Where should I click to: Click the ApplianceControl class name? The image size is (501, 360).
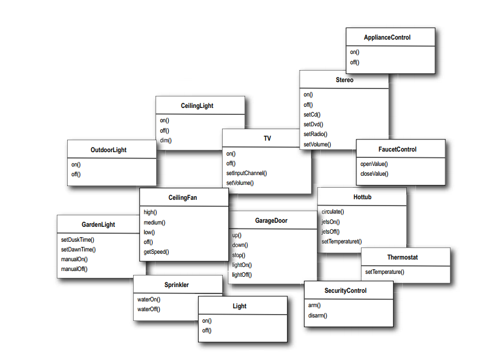[x=387, y=38]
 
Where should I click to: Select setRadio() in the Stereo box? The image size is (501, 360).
[x=315, y=134]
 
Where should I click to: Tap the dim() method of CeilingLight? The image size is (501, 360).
[x=166, y=140]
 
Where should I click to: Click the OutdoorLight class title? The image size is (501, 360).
[x=108, y=150]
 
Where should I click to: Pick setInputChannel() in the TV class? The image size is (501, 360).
[x=246, y=173]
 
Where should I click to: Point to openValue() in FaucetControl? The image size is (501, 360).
[x=374, y=164]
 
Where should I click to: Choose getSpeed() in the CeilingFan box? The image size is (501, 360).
[x=156, y=251]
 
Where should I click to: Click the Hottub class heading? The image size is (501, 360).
[x=363, y=197]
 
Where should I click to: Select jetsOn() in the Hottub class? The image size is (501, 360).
[x=331, y=222]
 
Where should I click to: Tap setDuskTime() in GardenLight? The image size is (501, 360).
[x=77, y=239]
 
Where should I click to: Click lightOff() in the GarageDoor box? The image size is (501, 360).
[x=242, y=274]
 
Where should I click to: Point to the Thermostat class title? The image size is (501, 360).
[x=402, y=257]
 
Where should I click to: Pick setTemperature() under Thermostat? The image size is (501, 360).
[x=385, y=272]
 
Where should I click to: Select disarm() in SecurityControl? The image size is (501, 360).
[x=318, y=315]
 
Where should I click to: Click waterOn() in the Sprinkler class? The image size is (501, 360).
[x=149, y=299]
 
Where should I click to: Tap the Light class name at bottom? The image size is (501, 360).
[x=239, y=306]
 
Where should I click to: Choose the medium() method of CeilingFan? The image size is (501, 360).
[x=154, y=222]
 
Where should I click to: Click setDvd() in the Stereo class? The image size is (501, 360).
[x=313, y=124]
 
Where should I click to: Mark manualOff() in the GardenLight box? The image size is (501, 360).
[x=74, y=269]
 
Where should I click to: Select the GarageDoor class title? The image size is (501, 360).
[x=271, y=220]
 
